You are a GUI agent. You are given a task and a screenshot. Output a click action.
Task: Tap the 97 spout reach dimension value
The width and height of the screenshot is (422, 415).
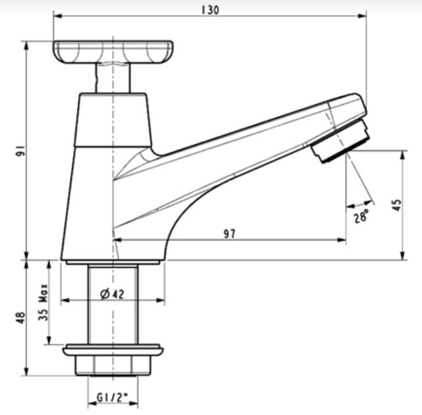pyautogui.click(x=229, y=233)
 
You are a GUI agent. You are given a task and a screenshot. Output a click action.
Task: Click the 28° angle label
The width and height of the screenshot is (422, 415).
pyautogui.click(x=361, y=216)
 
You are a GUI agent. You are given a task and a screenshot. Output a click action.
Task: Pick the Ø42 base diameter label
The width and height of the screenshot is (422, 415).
pyautogui.click(x=113, y=295)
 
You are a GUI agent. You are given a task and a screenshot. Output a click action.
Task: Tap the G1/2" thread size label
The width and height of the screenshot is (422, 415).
pyautogui.click(x=111, y=398)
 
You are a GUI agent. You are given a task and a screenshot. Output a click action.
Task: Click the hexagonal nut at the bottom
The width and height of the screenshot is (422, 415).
pyautogui.click(x=113, y=364)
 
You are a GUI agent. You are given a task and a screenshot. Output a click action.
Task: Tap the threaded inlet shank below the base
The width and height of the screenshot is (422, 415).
pyautogui.click(x=113, y=304)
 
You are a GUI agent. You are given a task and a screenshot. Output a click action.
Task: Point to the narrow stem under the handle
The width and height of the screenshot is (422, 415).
pyautogui.click(x=113, y=78)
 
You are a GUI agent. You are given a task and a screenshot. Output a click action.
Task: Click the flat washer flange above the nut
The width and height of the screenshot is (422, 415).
pyautogui.click(x=113, y=348)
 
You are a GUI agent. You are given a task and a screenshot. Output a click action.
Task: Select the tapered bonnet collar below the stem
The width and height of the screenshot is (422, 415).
pyautogui.click(x=113, y=119)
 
